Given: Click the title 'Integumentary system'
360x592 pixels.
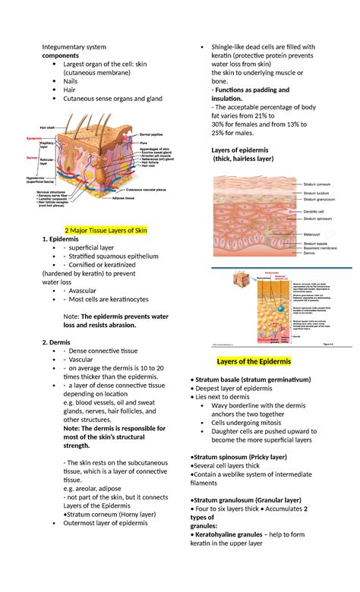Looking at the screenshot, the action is click(74, 46).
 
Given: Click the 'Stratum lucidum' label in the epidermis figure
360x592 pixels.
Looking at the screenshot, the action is click(318, 193).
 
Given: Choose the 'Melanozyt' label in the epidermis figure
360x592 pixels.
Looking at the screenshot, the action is click(313, 235).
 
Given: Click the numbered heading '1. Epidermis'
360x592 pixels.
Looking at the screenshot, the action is click(60, 239).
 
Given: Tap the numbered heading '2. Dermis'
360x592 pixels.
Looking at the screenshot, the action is click(56, 342).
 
